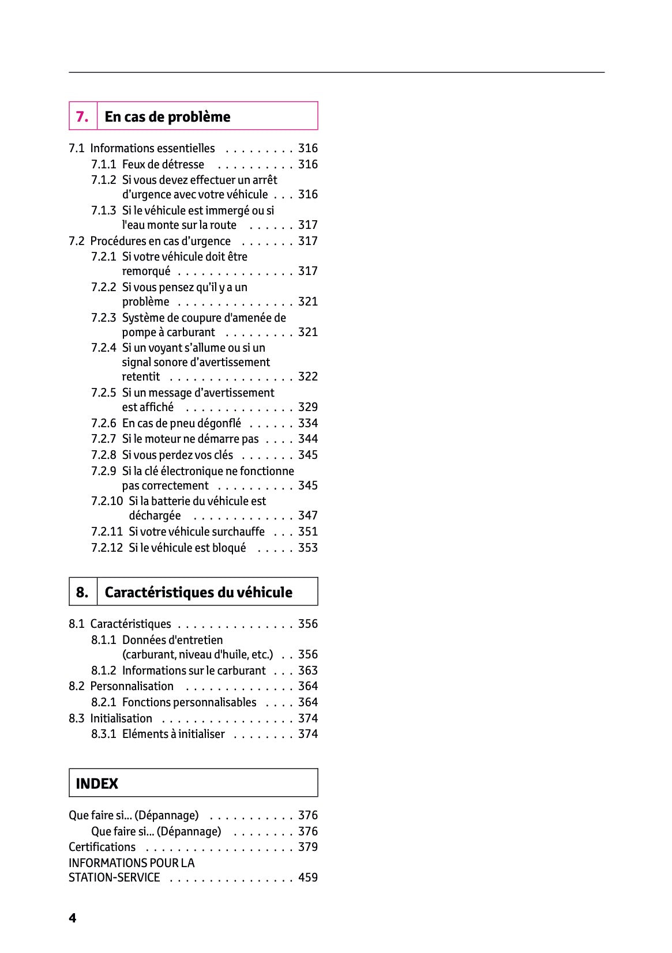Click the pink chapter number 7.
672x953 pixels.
[82, 116]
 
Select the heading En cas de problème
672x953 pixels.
[167, 116]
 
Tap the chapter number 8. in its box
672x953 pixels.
[82, 592]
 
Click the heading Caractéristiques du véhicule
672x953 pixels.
[198, 592]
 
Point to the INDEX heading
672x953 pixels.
[97, 784]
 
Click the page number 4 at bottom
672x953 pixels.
[72, 918]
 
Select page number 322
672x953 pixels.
[307, 376]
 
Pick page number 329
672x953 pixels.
[307, 407]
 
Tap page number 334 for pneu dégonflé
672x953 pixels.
[307, 423]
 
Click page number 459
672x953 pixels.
[307, 877]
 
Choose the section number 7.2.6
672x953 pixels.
[103, 423]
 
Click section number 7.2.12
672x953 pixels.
[107, 548]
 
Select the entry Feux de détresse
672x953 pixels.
[163, 164]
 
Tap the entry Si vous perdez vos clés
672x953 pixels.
[177, 455]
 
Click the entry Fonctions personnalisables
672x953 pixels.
[189, 702]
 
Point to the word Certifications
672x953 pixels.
[102, 847]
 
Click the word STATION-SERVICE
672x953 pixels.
[114, 877]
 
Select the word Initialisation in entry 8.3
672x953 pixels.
[121, 718]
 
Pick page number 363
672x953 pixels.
[307, 671]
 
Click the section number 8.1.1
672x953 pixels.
[103, 640]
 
